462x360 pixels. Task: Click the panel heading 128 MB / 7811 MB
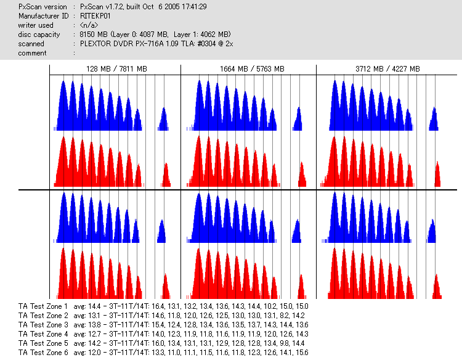[116, 69]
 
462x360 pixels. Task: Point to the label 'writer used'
[36, 25]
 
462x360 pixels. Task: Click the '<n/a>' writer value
[89, 25]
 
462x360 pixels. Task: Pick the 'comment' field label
[33, 53]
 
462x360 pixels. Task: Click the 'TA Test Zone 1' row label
[43, 306]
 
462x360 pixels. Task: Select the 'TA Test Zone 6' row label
[43, 352]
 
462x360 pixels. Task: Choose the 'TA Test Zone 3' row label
[43, 324]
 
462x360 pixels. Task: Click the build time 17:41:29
[190, 6]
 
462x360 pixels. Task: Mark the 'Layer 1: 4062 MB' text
[199, 35]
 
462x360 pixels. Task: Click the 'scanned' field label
[31, 44]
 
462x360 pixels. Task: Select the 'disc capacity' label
[39, 35]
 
